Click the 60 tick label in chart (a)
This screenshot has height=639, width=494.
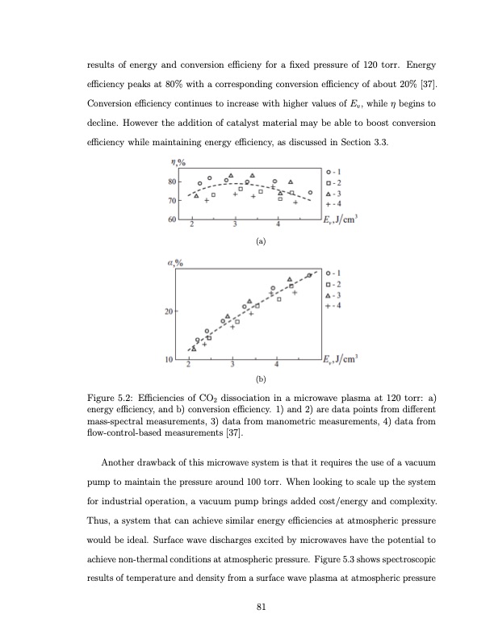click(171, 219)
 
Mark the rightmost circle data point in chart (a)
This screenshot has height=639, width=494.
click(310, 192)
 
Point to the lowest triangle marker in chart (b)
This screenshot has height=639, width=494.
click(194, 348)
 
